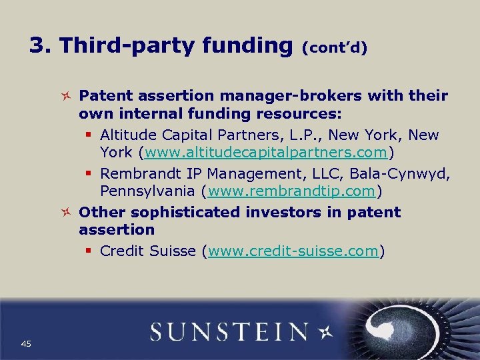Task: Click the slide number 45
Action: pos(26,343)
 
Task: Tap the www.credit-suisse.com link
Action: pos(294,251)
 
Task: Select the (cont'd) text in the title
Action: pos(335,49)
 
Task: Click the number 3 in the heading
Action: pos(38,45)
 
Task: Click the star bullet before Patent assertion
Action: pos(66,96)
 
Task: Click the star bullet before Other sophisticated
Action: pos(66,213)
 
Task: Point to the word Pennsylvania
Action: pos(147,192)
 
